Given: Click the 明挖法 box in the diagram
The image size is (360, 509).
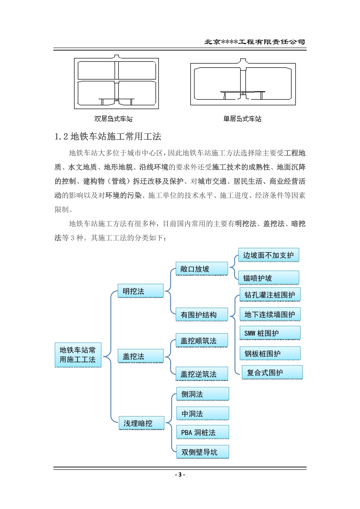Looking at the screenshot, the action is coord(141,291).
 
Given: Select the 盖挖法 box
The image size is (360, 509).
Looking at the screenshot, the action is coord(141,356).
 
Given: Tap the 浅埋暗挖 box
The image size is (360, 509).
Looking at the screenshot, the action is coord(141,423).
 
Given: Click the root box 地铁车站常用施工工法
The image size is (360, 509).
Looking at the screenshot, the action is coord(78,355).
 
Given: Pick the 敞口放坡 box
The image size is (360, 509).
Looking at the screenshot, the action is coord(202,269).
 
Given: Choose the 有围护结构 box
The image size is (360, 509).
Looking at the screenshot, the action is coord(202,314).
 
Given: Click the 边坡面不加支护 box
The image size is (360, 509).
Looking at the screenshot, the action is coord(269,255).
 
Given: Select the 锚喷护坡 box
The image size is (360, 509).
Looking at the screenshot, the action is coord(269,278).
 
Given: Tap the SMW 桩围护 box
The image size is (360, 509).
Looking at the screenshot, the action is coord(270,333).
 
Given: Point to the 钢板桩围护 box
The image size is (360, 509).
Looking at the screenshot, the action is coord(270,353).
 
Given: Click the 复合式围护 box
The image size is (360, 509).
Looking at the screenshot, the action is coord(272,372).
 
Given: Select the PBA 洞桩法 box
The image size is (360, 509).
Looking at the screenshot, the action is coord(203,432).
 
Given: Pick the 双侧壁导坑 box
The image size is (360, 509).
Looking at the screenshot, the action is coord(203,452).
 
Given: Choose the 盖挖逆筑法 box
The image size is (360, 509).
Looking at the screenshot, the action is coord(202,373).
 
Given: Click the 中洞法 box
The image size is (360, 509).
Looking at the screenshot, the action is coord(203,413).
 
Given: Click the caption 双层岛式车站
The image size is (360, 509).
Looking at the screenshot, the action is coord(113,119).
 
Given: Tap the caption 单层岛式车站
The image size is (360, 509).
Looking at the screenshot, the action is coord(242,119).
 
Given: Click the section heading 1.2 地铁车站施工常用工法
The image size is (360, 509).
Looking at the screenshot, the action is coord(108,136).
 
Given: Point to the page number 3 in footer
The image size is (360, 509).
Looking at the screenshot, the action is coord(180,474).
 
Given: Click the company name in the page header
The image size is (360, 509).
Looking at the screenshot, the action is coord(255,42).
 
